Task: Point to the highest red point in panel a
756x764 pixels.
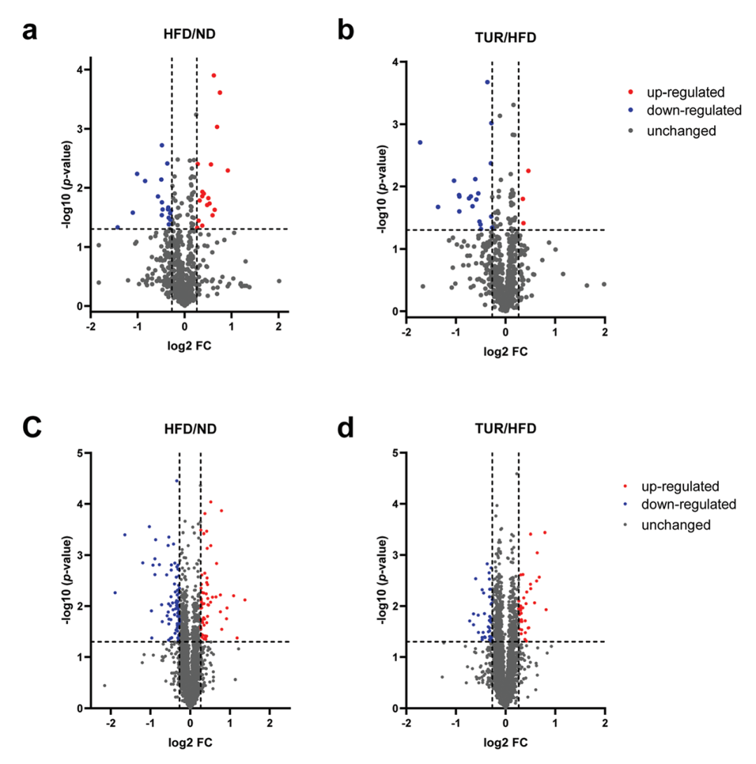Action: pos(213,76)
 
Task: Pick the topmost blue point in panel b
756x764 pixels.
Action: pos(487,82)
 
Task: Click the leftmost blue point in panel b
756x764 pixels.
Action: pos(420,142)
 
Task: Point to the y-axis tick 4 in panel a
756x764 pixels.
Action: pos(82,69)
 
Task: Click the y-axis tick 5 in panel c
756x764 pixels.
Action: pos(82,453)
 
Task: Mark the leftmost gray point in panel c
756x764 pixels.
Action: pos(104,686)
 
